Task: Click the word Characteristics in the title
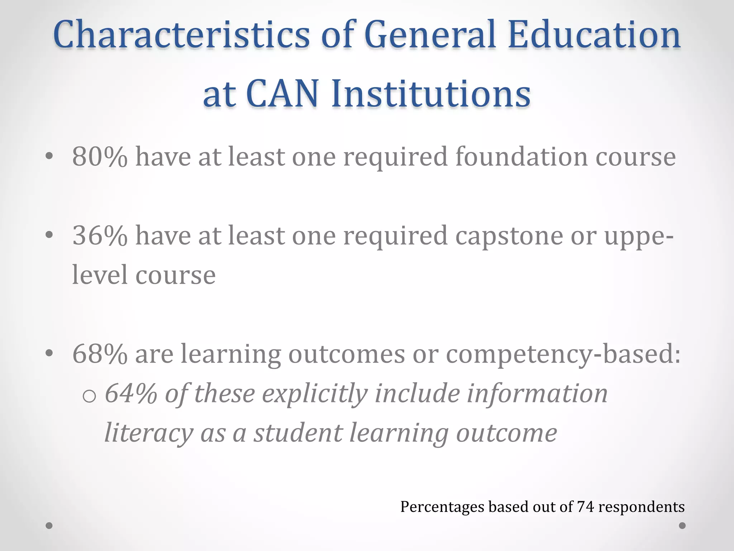click(181, 35)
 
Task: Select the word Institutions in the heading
click(430, 94)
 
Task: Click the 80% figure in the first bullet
click(100, 157)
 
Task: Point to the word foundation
click(521, 157)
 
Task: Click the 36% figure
click(100, 236)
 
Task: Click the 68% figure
click(100, 354)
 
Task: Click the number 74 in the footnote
click(586, 507)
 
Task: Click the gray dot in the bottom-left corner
click(49, 526)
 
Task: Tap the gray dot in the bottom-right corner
click(682, 526)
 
